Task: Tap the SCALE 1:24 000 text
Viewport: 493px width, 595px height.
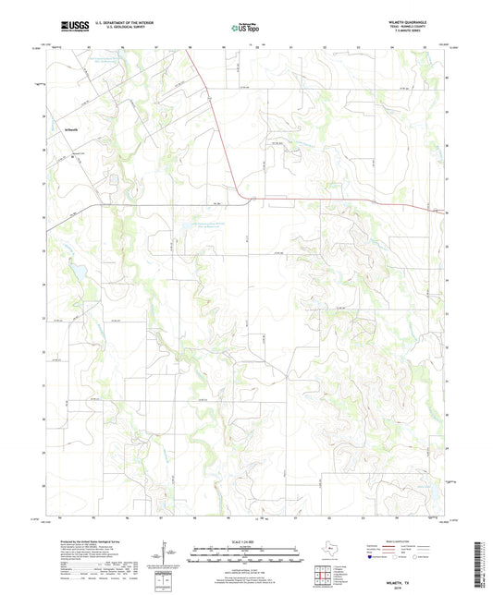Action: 246,540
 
